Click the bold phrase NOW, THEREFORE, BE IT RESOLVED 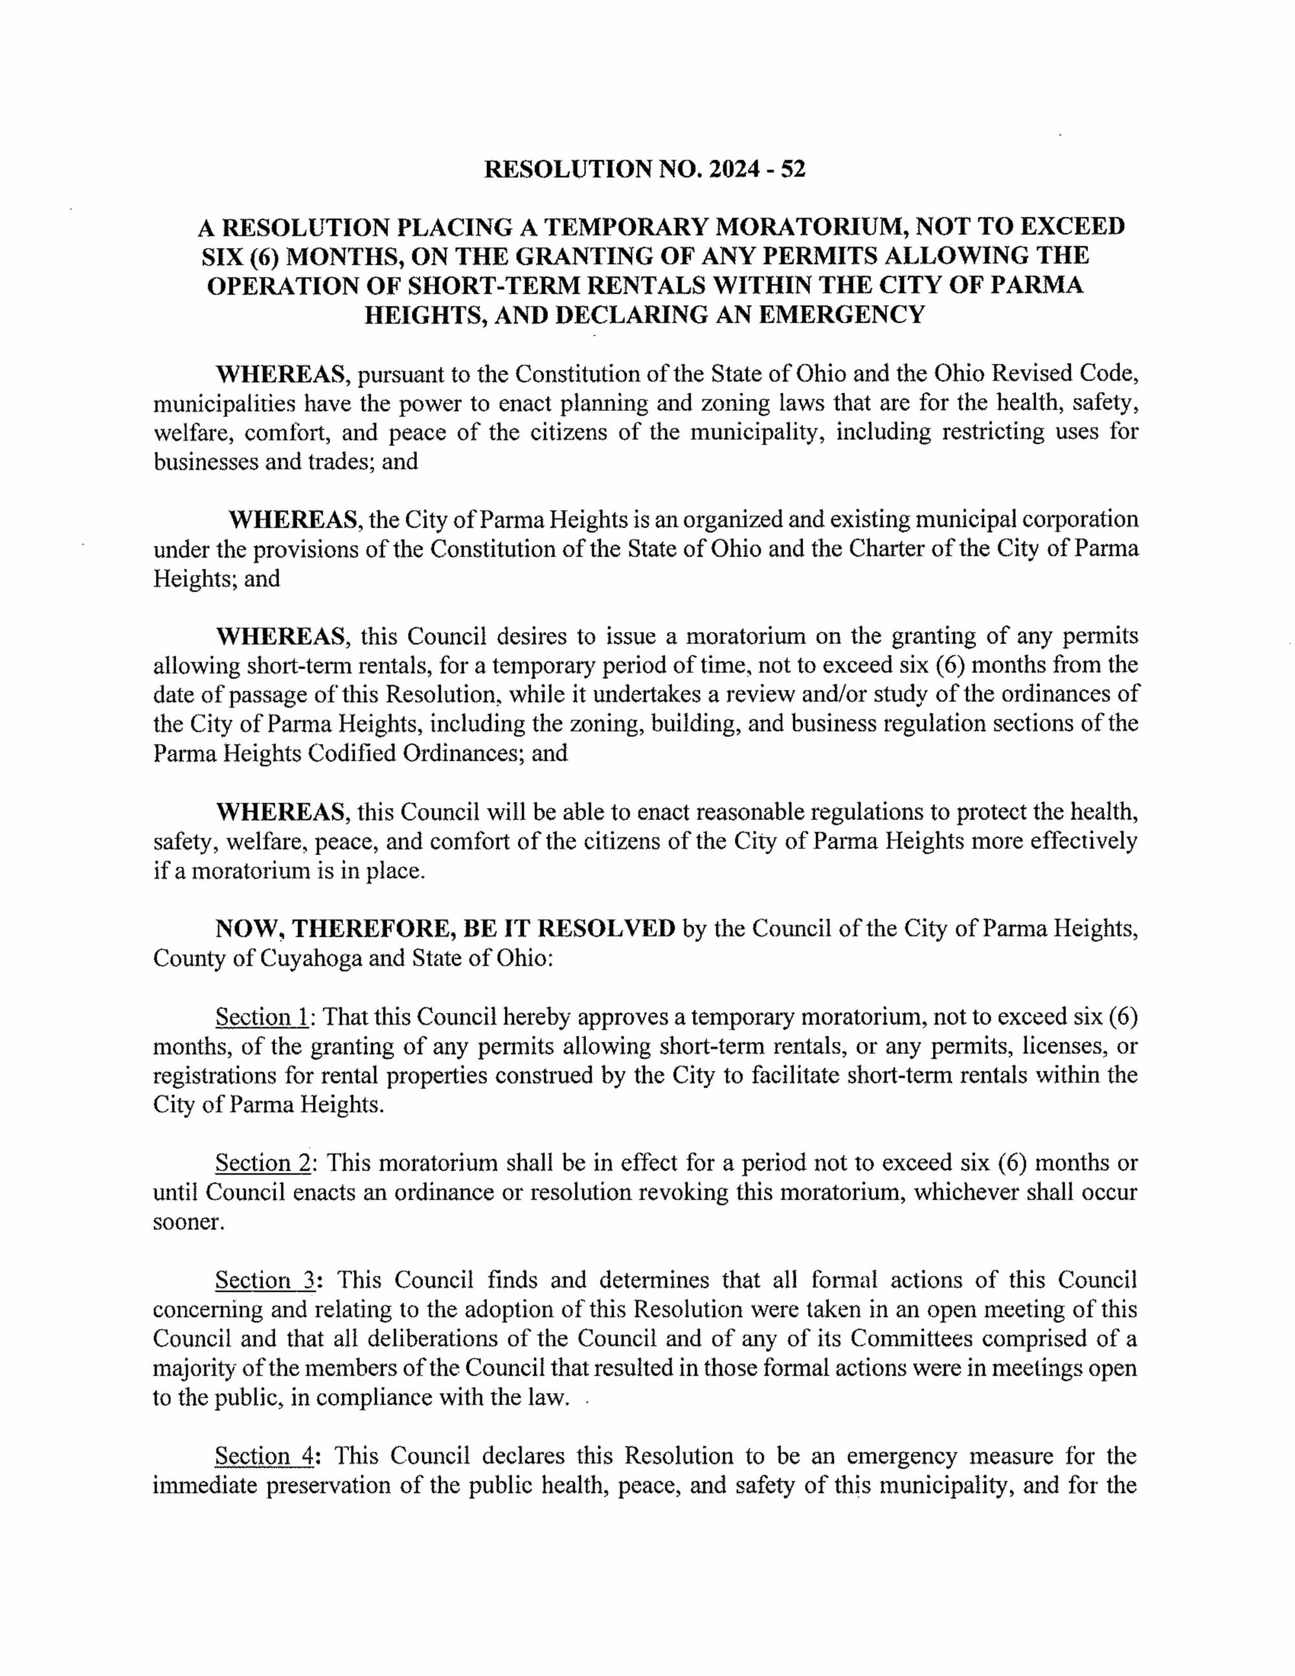445,929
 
